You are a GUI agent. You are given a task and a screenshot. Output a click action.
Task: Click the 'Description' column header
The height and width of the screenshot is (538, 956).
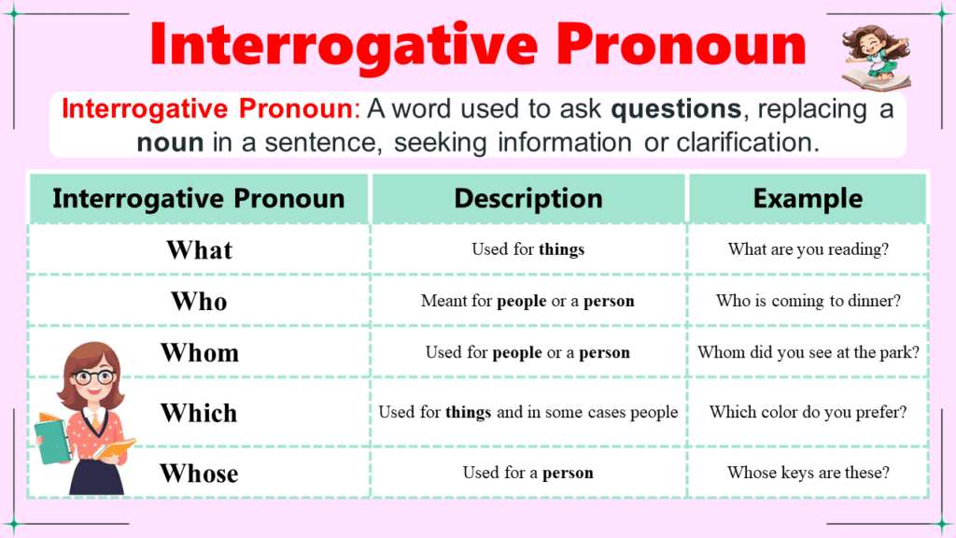pos(528,199)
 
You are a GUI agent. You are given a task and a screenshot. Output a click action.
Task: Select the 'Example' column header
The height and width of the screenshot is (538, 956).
pos(808,199)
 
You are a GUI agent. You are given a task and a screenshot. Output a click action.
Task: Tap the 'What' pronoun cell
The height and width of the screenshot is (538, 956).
pos(199,250)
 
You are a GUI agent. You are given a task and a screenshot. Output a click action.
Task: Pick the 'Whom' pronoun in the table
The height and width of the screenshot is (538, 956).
pos(199,353)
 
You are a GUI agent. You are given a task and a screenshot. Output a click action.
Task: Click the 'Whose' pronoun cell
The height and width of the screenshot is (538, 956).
pos(199,474)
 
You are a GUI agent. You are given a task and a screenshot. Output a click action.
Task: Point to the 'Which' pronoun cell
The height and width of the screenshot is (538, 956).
pos(199,413)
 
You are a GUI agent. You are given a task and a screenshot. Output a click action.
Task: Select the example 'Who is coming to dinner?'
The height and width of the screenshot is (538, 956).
pos(808,301)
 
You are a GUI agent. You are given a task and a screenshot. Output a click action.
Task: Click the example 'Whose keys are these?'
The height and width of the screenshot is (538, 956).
pos(808,473)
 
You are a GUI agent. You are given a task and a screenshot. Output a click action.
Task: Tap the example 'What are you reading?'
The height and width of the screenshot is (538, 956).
pos(808,249)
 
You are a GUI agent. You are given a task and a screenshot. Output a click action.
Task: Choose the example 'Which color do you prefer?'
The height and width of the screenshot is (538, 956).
pos(808,412)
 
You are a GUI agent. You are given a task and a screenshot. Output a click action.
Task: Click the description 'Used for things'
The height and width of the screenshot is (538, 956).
pos(528,249)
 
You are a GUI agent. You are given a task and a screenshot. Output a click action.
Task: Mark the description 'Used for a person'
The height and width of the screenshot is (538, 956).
pos(528,473)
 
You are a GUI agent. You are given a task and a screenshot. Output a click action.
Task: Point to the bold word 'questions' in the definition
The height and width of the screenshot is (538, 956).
pos(675,109)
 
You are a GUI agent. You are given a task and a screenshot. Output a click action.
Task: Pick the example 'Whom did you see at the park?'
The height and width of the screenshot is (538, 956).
pos(808,353)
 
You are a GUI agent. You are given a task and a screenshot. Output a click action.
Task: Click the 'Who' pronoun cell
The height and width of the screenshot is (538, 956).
pos(199,302)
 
